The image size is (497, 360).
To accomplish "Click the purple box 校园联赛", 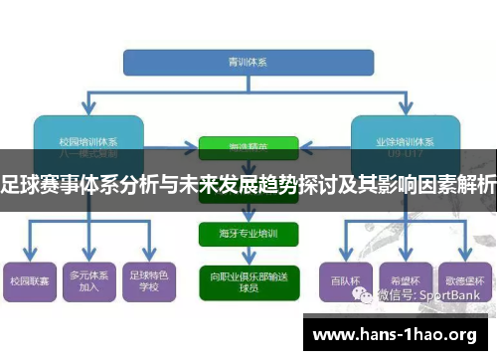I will click(29, 281).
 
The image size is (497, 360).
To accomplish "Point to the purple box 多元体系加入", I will click(89, 281).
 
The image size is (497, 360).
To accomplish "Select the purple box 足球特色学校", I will click(150, 281).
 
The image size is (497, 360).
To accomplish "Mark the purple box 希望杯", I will click(406, 281).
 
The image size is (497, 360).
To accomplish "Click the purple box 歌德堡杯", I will click(464, 281).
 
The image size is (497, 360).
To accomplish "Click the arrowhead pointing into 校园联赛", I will click(29, 258).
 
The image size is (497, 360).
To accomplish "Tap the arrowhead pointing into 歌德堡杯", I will click(464, 258).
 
